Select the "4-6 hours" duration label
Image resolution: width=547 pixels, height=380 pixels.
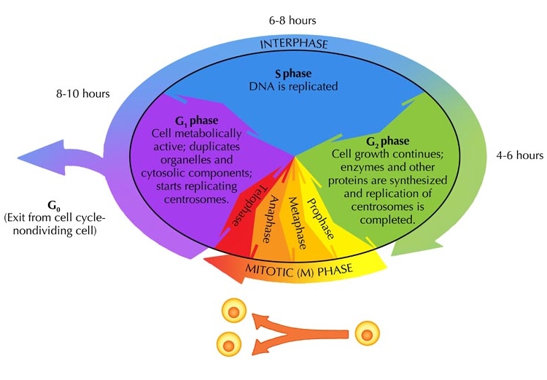pyautogui.click(x=519, y=155)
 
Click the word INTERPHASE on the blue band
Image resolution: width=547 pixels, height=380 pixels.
pyautogui.click(x=295, y=44)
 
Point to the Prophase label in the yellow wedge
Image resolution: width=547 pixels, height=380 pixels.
pyautogui.click(x=321, y=218)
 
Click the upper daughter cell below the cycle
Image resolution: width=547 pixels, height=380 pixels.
pyautogui.click(x=233, y=313)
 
